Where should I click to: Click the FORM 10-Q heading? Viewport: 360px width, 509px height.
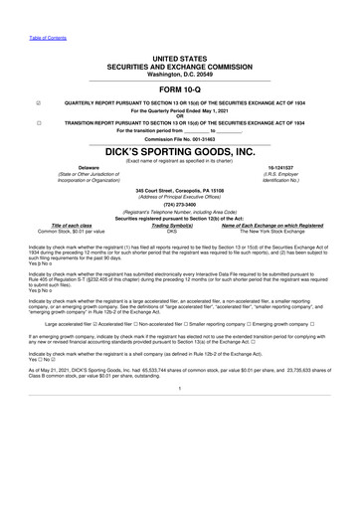[179, 88]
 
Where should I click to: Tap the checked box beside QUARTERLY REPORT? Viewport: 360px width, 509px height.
[38, 102]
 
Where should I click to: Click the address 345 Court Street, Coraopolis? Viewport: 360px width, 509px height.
[180, 189]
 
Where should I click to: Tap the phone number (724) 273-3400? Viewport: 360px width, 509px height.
[180, 205]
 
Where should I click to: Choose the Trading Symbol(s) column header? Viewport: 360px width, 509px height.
[172, 226]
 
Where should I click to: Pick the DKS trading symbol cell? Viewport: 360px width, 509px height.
[172, 232]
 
